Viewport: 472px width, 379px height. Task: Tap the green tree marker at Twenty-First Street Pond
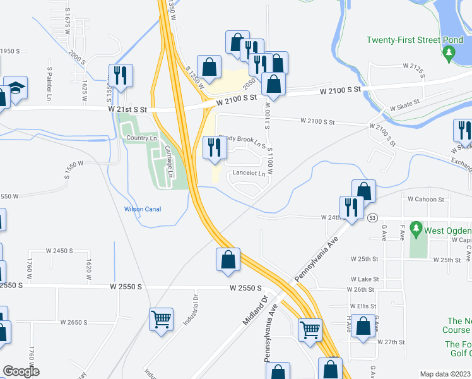pos(449,55)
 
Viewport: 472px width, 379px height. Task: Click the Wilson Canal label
pos(142,209)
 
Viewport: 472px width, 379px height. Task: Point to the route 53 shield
pos(373,218)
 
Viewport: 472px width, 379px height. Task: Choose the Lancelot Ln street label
pos(249,173)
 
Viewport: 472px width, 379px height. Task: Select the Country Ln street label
pos(141,138)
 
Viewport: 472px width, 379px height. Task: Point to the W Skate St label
pos(405,109)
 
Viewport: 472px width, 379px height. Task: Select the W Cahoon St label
pos(426,199)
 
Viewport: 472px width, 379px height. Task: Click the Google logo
pos(20,371)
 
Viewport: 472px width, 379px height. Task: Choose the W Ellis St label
pos(362,306)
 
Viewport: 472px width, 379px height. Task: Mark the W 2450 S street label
pos(60,251)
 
